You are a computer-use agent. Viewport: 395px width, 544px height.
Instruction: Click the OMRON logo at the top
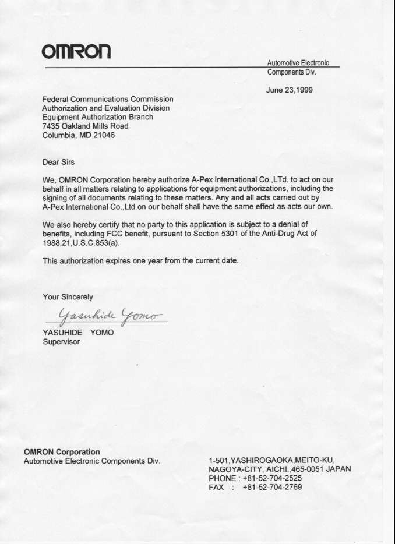point(76,51)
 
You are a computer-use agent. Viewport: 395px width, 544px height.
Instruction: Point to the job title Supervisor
point(61,342)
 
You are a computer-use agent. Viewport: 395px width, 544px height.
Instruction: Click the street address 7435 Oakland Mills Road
point(85,126)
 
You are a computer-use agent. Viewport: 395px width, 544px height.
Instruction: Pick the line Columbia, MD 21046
point(79,135)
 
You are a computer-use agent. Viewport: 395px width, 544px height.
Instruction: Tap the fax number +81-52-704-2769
point(272,487)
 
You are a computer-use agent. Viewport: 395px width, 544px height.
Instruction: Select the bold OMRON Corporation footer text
point(62,451)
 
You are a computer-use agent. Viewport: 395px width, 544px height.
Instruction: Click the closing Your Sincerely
point(68,296)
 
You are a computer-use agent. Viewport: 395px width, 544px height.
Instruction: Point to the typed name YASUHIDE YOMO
point(78,333)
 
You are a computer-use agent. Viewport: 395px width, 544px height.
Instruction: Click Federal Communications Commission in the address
point(108,99)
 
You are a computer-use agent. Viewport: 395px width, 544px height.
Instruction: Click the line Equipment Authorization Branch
point(98,117)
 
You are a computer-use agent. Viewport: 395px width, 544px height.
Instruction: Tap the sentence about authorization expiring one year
point(140,261)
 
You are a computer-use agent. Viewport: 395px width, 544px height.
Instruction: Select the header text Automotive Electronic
point(298,63)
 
